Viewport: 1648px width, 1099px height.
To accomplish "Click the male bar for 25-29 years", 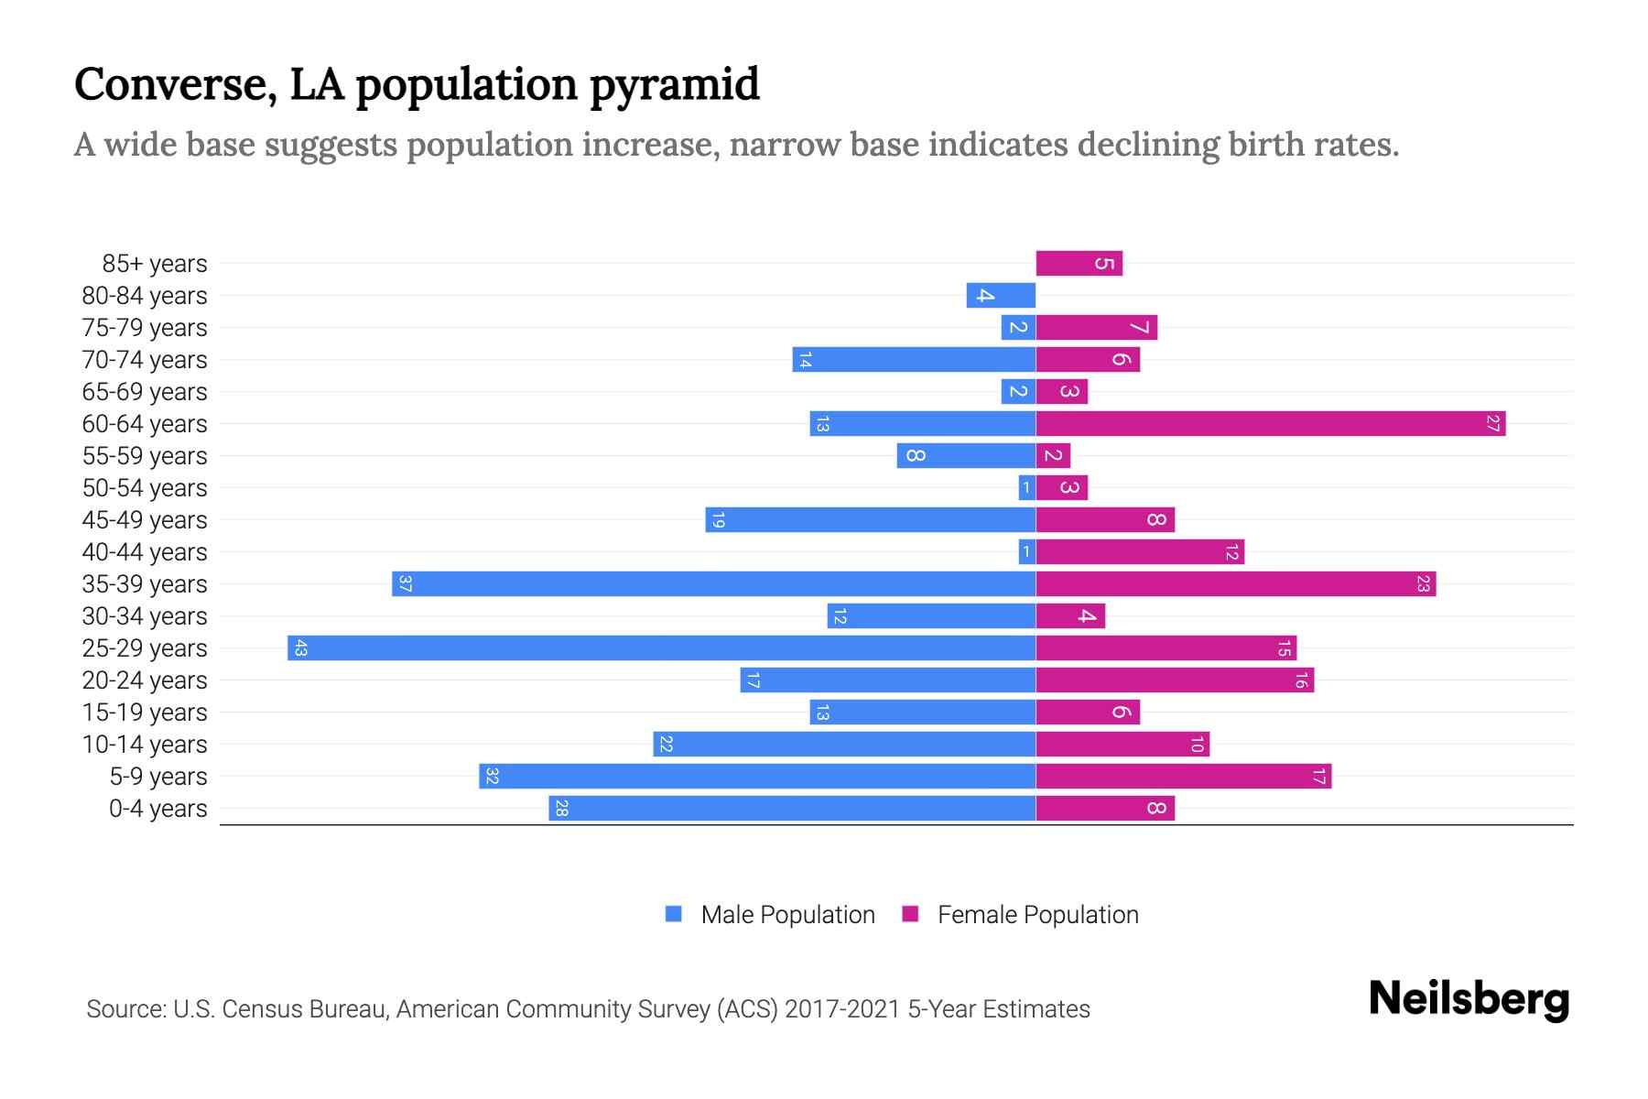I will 661,648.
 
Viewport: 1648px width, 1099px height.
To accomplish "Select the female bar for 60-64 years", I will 1271,424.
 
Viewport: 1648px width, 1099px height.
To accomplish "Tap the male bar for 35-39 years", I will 714,584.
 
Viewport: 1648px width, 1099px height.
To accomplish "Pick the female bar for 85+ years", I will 1079,264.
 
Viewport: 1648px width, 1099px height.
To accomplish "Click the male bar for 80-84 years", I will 1001,296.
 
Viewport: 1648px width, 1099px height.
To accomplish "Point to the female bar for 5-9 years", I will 1183,777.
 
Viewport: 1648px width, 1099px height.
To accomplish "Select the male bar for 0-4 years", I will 792,809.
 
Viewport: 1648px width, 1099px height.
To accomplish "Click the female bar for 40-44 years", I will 1140,552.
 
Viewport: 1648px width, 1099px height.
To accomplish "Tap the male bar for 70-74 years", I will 914,360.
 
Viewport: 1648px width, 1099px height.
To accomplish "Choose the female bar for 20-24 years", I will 1175,680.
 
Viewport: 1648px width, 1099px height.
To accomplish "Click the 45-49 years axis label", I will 145,520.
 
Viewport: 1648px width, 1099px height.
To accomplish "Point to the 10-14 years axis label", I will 145,745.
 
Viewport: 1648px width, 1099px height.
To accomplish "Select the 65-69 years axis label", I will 145,392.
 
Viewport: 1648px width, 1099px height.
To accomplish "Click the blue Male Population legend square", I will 674,914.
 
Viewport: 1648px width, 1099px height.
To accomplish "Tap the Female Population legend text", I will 1037,915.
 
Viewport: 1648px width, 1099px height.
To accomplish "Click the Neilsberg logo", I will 1469,999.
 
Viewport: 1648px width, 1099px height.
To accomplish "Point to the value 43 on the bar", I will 300,648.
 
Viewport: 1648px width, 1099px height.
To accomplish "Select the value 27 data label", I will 1492,424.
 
